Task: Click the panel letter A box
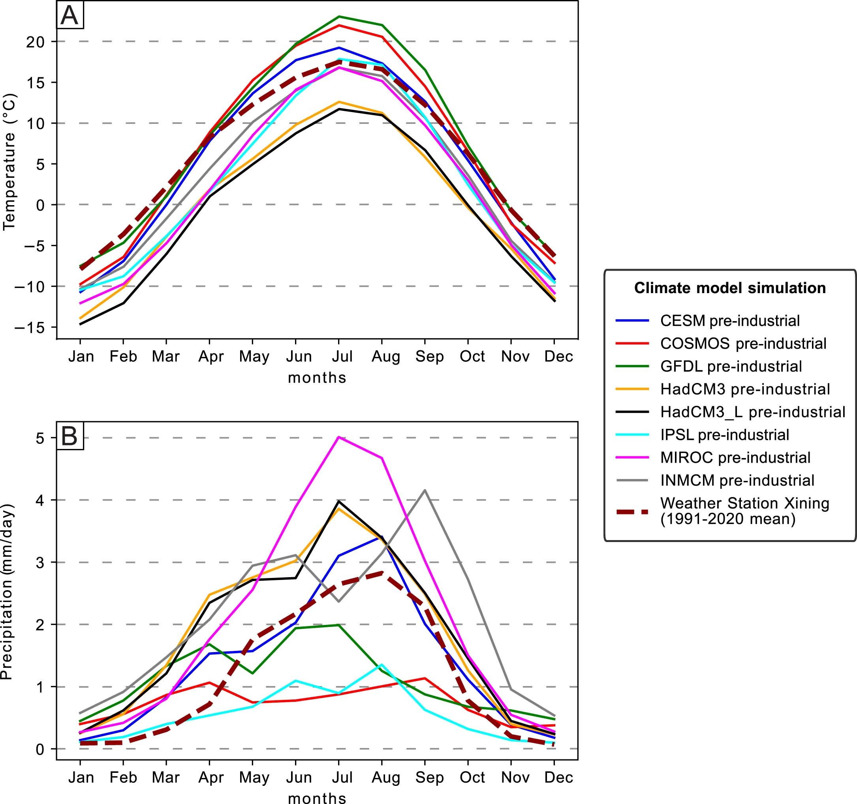pos(70,15)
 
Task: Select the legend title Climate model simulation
pos(730,288)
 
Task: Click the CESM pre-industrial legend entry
pos(730,320)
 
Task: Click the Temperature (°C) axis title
pos(9,163)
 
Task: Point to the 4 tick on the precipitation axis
pos(41,500)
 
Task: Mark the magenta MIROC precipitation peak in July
pos(339,437)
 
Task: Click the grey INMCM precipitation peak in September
pos(425,490)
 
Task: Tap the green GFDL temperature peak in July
pos(339,16)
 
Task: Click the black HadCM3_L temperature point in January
pos(81,324)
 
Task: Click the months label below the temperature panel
pos(317,377)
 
